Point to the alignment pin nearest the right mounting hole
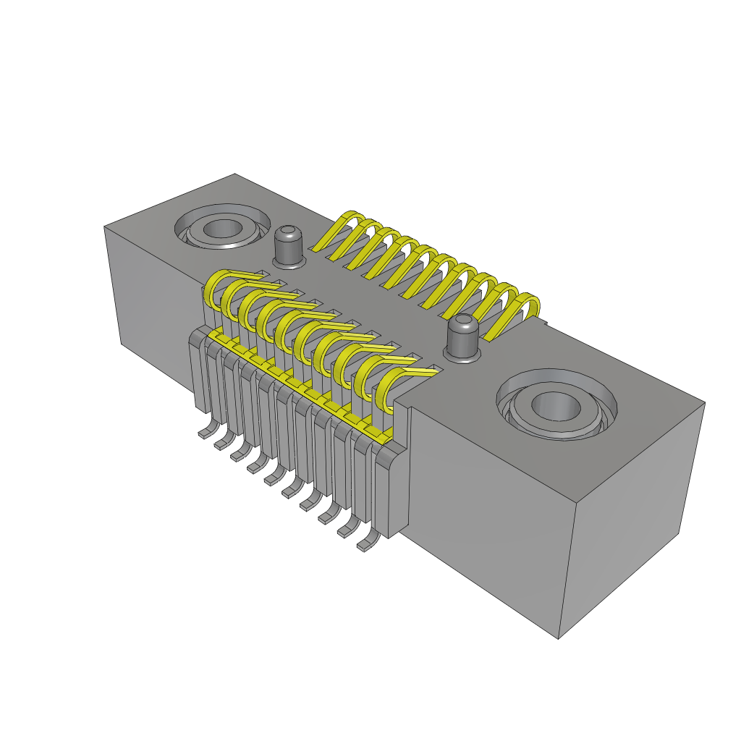coord(462,337)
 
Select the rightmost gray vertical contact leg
coord(391,492)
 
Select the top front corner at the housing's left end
coord(105,227)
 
